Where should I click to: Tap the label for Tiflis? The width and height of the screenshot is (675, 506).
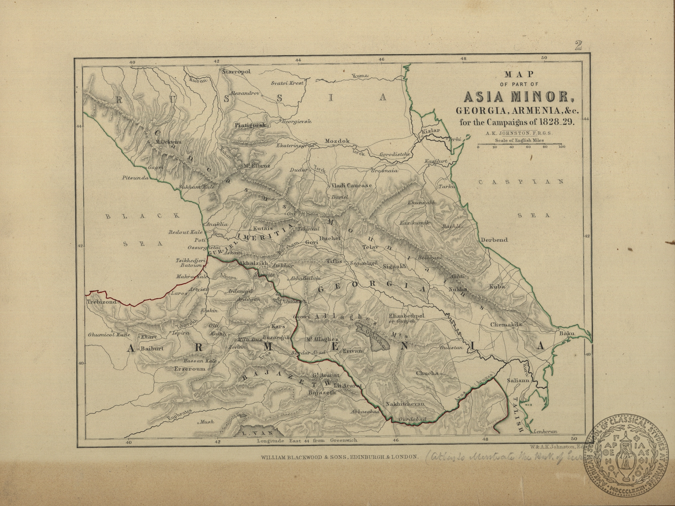coord(334,261)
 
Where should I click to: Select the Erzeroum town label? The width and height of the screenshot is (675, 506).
coord(190,369)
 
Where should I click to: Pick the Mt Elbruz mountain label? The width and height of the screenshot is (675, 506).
coord(253,166)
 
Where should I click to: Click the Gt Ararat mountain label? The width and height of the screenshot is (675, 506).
coord(326,375)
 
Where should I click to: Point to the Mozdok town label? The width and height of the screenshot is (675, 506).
coord(337,141)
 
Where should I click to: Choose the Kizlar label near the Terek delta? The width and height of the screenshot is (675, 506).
coord(430,131)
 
